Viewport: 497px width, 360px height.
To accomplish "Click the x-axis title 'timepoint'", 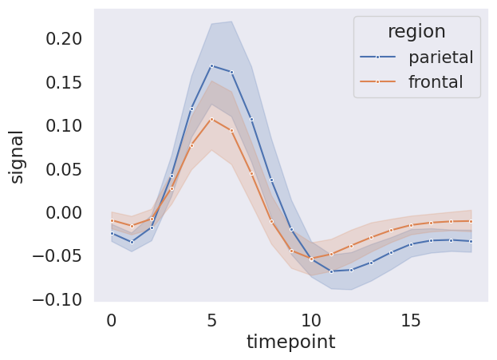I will (x=290, y=342).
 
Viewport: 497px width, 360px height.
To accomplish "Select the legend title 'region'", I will (x=416, y=31).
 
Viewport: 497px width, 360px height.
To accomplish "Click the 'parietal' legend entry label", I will (x=440, y=57).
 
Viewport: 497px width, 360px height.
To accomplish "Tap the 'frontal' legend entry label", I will (x=436, y=82).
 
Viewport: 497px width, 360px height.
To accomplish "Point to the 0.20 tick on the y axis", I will (x=59, y=38).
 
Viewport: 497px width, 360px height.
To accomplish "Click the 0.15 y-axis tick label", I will (x=59, y=82).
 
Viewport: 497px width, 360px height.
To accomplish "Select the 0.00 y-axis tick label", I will (x=59, y=212).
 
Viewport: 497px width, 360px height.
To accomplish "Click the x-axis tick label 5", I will (x=211, y=320).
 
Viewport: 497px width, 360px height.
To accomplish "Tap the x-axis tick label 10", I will (x=311, y=320).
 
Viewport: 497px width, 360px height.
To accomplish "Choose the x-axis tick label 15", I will (x=412, y=320).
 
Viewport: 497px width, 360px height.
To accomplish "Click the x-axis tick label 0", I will (x=111, y=320).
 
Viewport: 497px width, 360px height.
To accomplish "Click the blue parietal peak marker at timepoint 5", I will (x=211, y=65).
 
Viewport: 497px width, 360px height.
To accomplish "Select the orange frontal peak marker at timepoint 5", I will (x=211, y=119).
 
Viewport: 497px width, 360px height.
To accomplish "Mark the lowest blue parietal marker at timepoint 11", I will (x=331, y=271).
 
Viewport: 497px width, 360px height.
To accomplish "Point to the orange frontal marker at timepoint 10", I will (x=311, y=259).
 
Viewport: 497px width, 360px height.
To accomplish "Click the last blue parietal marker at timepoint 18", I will (x=471, y=241).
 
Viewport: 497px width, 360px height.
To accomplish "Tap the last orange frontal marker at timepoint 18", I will (x=471, y=221).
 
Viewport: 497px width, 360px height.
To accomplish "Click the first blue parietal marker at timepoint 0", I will (x=112, y=233).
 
